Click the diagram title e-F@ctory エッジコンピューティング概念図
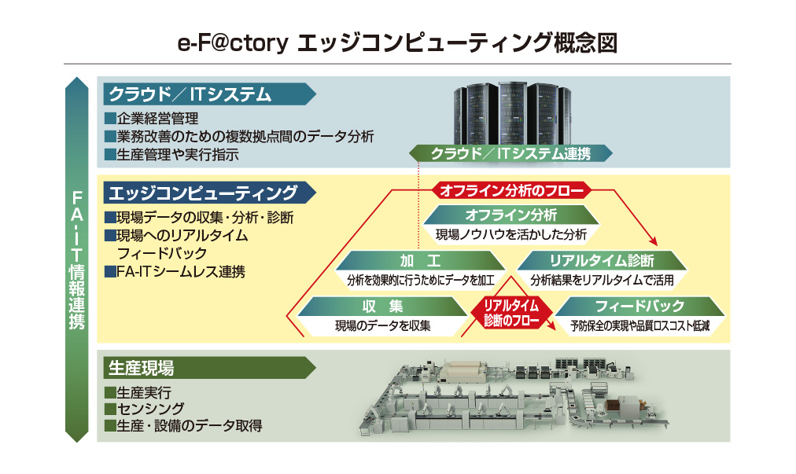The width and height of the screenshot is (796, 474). pyautogui.click(x=397, y=42)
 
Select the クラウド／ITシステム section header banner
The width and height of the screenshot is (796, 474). pyautogui.click(x=205, y=95)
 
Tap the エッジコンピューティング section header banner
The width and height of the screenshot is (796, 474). pyautogui.click(x=205, y=193)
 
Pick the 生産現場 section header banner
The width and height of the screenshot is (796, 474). pyautogui.click(x=205, y=367)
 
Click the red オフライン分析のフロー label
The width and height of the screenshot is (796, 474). pyautogui.click(x=511, y=191)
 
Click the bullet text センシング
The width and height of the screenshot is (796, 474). pyautogui.click(x=149, y=409)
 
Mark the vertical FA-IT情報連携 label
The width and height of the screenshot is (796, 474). pyautogui.click(x=77, y=259)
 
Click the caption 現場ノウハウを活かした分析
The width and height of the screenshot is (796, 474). pyautogui.click(x=511, y=233)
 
